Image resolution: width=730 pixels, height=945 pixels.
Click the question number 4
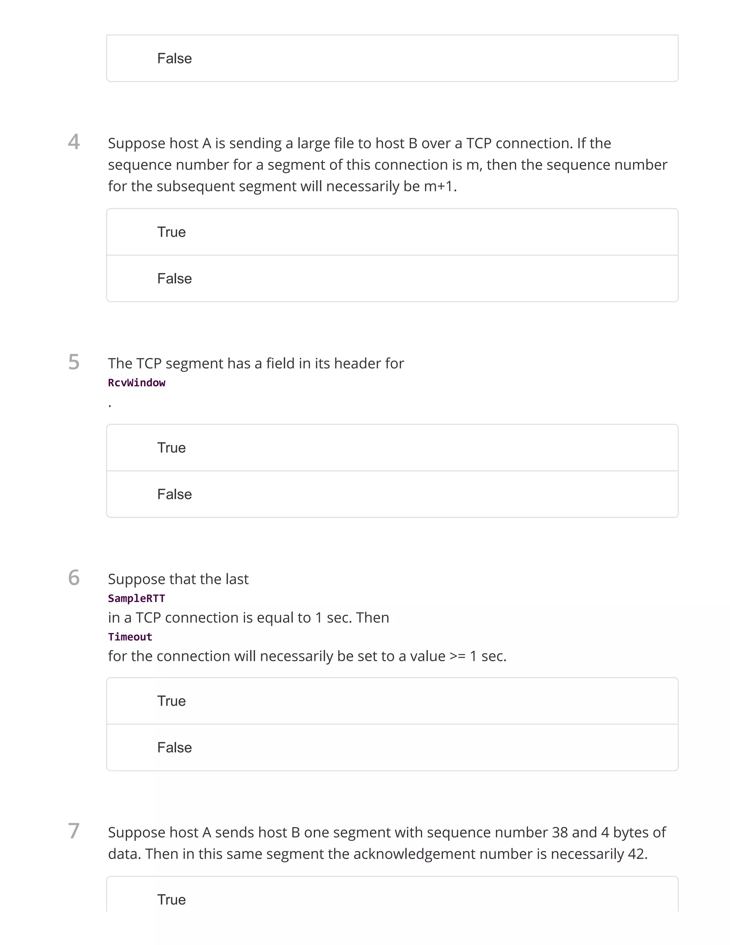pyautogui.click(x=74, y=142)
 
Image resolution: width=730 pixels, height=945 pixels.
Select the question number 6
pyautogui.click(x=74, y=578)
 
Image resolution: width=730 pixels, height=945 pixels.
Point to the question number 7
pyautogui.click(x=74, y=831)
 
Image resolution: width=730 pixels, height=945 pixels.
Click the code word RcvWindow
pyautogui.click(x=137, y=383)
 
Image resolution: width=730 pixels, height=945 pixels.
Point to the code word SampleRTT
pyautogui.click(x=137, y=598)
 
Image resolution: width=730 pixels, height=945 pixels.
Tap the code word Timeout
pyautogui.click(x=130, y=637)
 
